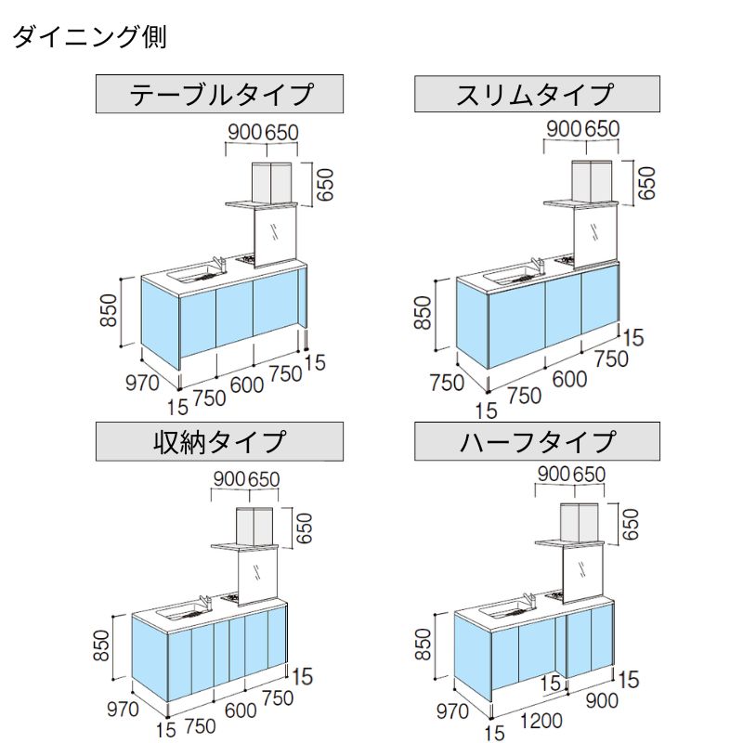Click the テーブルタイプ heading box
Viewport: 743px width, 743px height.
tap(221, 95)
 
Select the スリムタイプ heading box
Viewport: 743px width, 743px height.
tap(537, 95)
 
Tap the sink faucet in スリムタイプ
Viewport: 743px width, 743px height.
tap(538, 267)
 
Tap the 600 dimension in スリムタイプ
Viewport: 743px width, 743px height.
tap(568, 379)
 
